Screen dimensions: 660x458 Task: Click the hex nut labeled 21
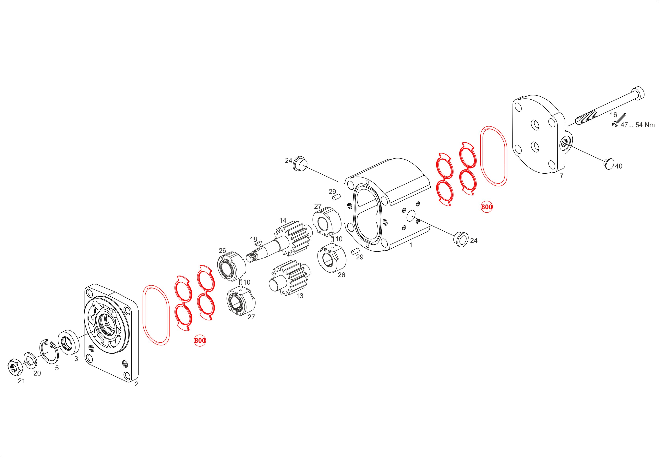click(x=15, y=367)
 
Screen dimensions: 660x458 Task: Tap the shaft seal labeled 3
click(x=68, y=342)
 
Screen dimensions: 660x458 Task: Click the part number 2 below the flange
click(x=137, y=384)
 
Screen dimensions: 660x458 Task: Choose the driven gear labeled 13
click(x=290, y=278)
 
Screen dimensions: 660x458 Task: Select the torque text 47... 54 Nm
click(x=638, y=125)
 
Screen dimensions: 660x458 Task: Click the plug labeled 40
click(x=609, y=164)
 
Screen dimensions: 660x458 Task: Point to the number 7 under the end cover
click(x=562, y=175)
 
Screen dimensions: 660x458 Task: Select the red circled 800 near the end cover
click(x=486, y=207)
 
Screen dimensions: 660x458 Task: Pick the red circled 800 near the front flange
click(x=200, y=340)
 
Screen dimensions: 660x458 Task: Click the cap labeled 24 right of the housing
click(x=461, y=239)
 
